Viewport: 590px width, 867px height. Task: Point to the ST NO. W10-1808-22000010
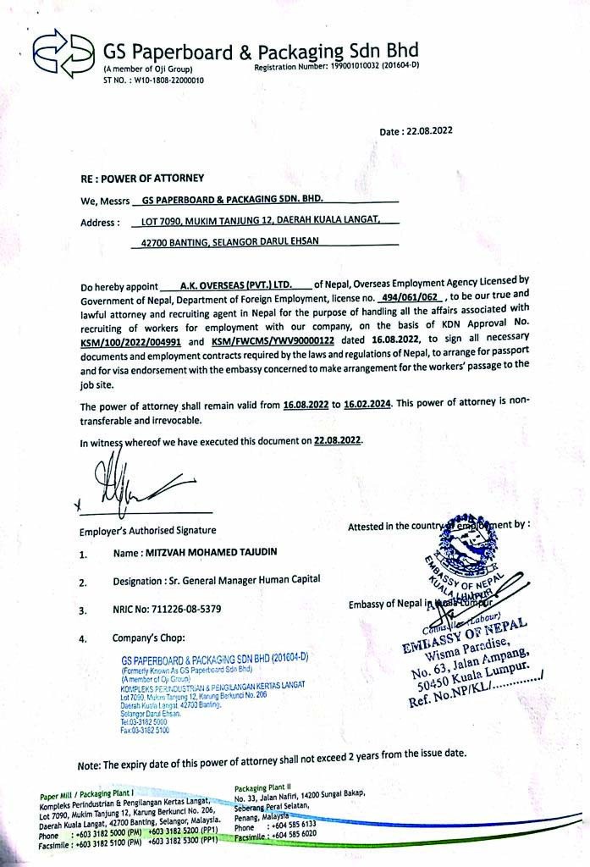point(153,80)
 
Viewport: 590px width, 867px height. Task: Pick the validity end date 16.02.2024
point(367,406)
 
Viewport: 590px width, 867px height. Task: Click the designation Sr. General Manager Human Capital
point(240,581)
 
